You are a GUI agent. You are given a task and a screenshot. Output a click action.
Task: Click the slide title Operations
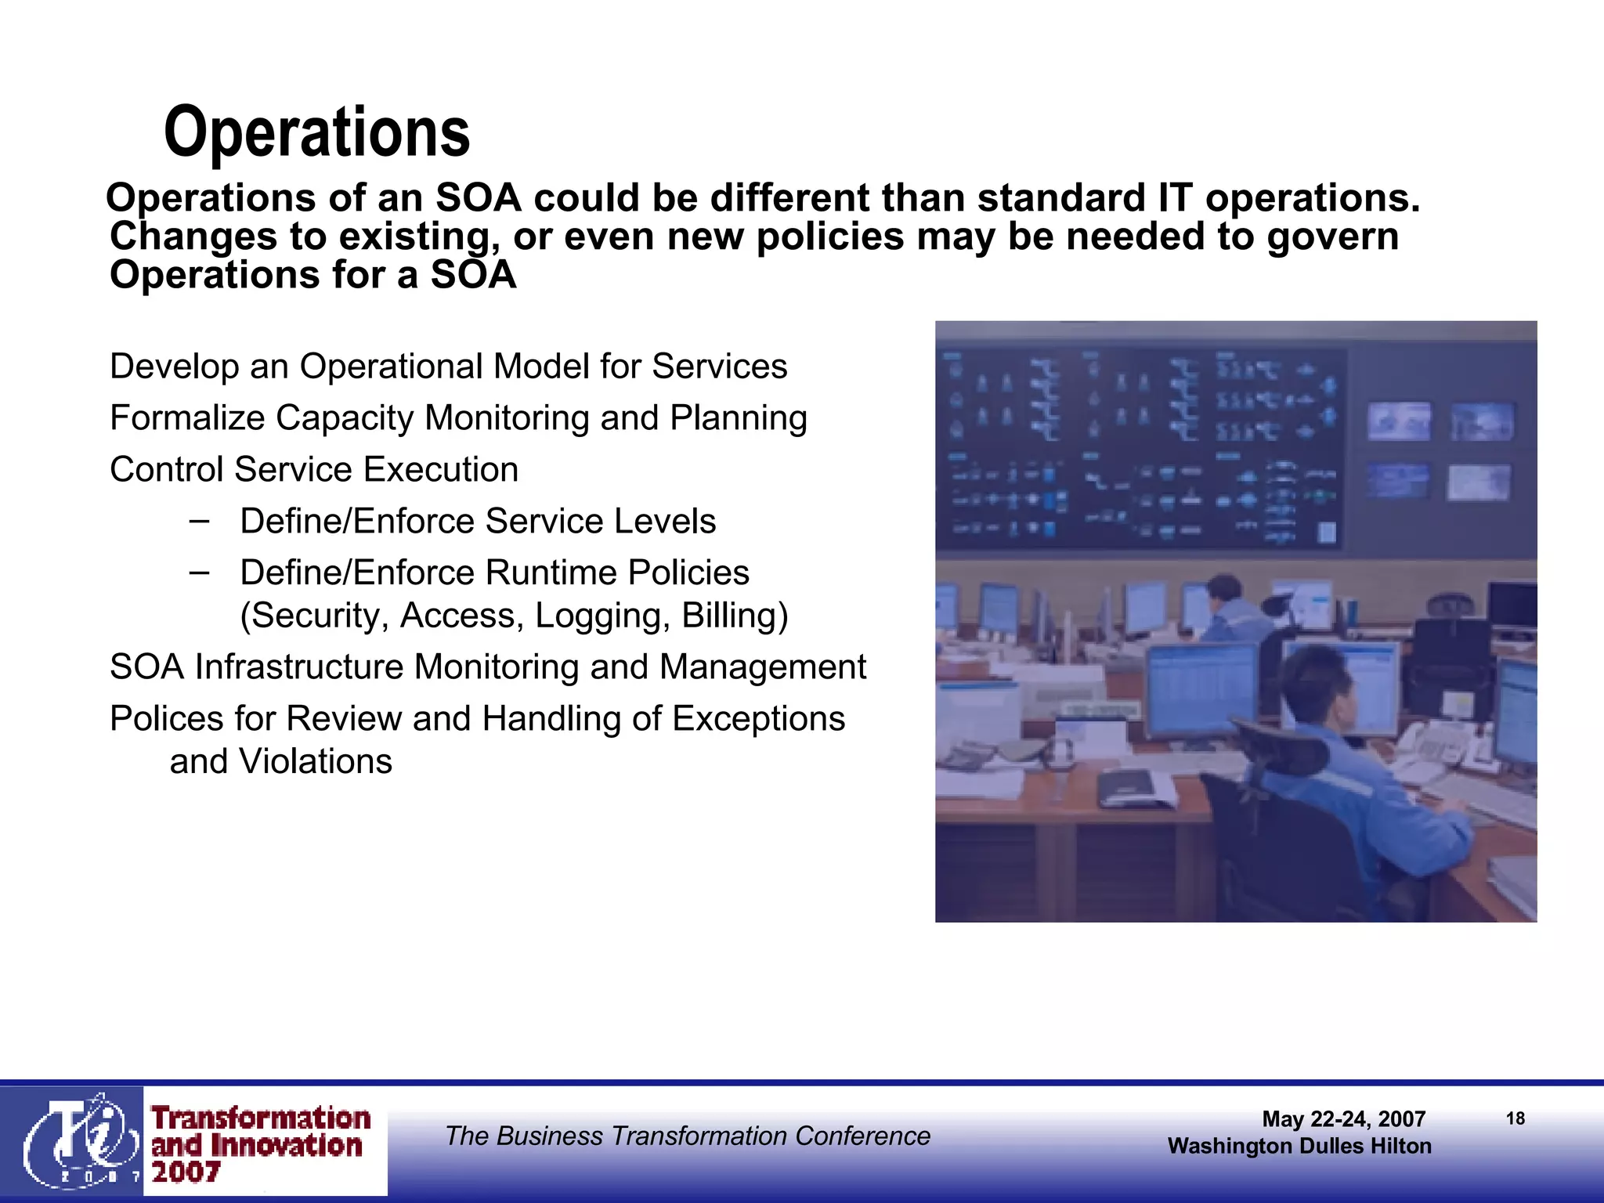click(x=316, y=132)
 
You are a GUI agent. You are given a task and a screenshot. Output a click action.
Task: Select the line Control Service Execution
click(x=314, y=470)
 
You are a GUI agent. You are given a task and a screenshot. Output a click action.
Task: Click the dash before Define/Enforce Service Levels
click(x=199, y=520)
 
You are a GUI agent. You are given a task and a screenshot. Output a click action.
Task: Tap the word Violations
click(x=315, y=761)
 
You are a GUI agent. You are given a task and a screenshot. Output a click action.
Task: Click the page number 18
click(x=1515, y=1118)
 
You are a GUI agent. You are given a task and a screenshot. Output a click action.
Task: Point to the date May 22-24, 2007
click(x=1343, y=1118)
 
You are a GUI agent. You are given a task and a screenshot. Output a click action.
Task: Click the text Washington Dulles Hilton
click(x=1299, y=1146)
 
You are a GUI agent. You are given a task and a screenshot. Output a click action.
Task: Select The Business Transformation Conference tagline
click(x=688, y=1136)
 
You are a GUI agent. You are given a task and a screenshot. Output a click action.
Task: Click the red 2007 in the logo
click(x=186, y=1172)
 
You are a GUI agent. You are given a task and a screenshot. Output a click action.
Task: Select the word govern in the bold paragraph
click(x=1332, y=236)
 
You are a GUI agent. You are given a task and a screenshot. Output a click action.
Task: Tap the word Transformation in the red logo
click(x=261, y=1117)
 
